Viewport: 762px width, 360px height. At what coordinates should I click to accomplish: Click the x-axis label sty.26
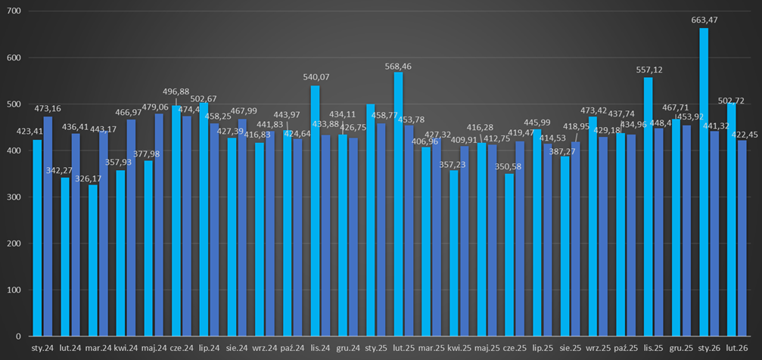709,349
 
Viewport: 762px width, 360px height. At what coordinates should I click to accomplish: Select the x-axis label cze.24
182,349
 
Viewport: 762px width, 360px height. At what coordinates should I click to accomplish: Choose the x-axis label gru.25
681,349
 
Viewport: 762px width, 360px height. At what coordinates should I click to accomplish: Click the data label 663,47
703,20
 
